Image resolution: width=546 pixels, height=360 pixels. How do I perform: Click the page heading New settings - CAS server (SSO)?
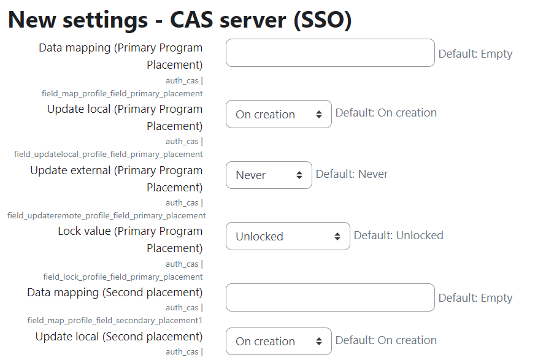tap(180, 20)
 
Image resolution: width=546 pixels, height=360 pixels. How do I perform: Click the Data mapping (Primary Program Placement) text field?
tap(330, 53)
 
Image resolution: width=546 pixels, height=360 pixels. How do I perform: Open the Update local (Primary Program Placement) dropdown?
tap(279, 114)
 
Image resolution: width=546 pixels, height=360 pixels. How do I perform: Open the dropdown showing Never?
tap(269, 175)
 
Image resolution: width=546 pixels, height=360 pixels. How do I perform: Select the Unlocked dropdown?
tap(288, 236)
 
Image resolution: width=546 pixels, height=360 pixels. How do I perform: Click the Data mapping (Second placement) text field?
tap(330, 297)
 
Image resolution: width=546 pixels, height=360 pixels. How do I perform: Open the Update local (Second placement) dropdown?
tap(279, 341)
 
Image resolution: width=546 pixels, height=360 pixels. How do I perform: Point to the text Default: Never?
tap(352, 174)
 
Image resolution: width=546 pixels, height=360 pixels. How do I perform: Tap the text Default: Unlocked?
tap(398, 236)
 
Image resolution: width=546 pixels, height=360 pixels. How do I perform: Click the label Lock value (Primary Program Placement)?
tap(130, 240)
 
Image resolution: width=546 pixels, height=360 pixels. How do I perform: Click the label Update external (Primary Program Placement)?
tap(117, 178)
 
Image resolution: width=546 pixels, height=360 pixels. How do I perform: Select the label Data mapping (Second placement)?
tap(115, 293)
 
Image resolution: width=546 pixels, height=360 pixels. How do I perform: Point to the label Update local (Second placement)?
tap(119, 337)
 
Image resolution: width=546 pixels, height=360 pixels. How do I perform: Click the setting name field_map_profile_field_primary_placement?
tap(122, 93)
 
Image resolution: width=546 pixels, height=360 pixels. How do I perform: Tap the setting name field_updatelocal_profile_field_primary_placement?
tap(109, 154)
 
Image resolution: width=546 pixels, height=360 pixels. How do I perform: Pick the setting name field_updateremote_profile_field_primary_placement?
tap(107, 215)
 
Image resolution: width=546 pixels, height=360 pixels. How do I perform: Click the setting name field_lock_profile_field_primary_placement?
tap(123, 277)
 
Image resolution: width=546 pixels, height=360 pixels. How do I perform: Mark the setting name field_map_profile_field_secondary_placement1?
tap(115, 320)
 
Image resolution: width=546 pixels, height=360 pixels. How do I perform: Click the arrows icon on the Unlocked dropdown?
tap(337, 236)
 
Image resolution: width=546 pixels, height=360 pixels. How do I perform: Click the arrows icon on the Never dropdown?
tap(299, 175)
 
